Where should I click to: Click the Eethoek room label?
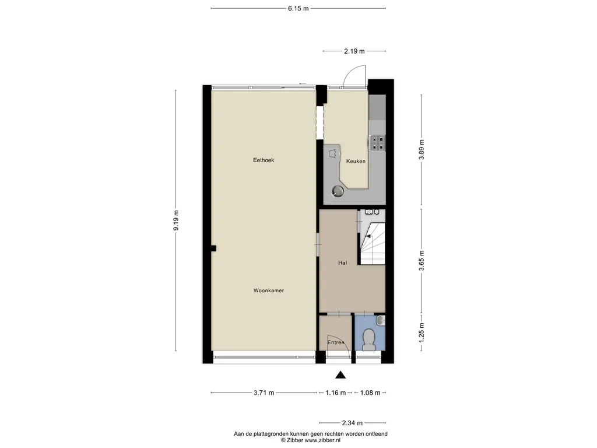tap(264, 160)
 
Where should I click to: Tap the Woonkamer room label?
tap(269, 290)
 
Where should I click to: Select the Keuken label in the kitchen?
tap(356, 161)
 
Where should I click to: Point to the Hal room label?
tap(343, 263)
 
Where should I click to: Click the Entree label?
tap(336, 342)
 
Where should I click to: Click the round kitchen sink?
tap(338, 190)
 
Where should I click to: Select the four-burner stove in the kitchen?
tap(377, 142)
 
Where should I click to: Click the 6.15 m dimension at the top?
tap(298, 8)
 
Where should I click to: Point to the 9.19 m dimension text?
tap(176, 220)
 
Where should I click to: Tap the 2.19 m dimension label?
tap(353, 51)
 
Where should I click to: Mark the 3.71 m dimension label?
tap(264, 393)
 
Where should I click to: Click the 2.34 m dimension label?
tap(352, 423)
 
